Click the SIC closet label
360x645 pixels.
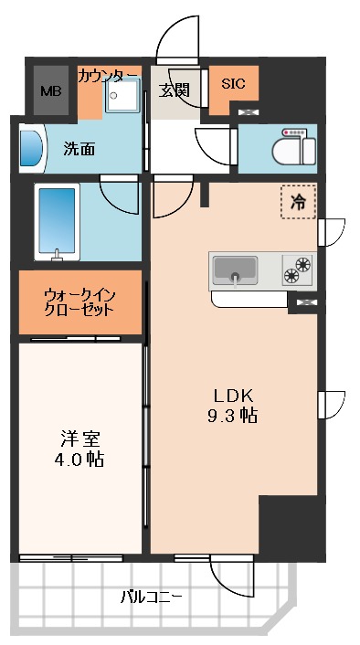pyautogui.click(x=232, y=83)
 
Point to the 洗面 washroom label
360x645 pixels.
pyautogui.click(x=79, y=149)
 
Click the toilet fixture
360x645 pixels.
pyautogui.click(x=291, y=147)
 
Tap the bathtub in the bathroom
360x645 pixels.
pyautogui.click(x=58, y=220)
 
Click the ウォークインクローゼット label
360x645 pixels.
pyautogui.click(x=79, y=302)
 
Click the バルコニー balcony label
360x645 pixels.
pyautogui.click(x=152, y=597)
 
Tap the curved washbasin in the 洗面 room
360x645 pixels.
pyautogui.click(x=30, y=149)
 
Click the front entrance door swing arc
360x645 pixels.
pyautogui.click(x=177, y=41)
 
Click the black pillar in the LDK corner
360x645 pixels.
pyautogui.click(x=288, y=524)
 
